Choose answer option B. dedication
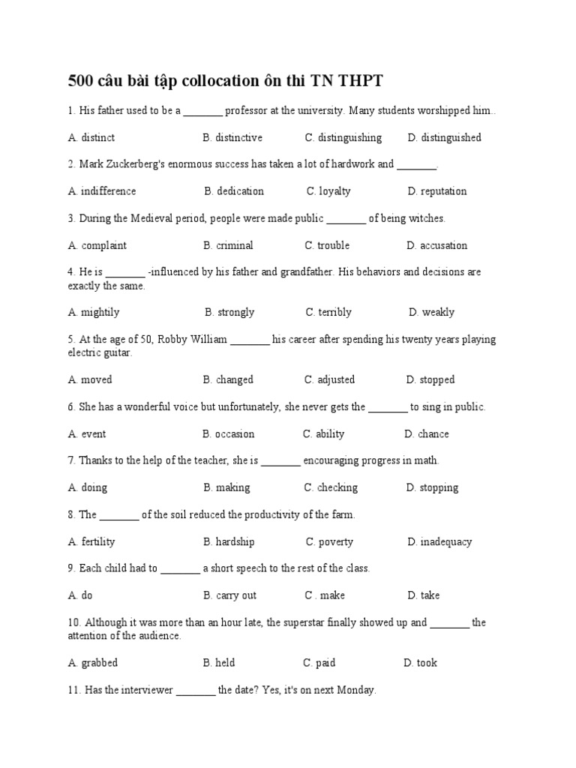pos(233,191)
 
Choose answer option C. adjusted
pos(329,379)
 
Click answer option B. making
pos(226,487)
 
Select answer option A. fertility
pos(91,541)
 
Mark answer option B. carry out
pos(229,595)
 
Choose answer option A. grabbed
pos(93,663)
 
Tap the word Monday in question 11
pos(356,690)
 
